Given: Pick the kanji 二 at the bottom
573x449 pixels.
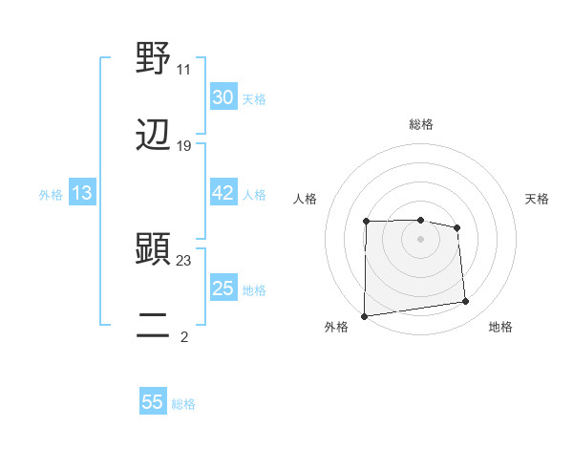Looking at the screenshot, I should tap(154, 325).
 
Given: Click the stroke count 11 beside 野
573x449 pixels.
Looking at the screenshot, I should tap(184, 69).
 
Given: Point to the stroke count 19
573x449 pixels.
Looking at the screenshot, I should tap(184, 146).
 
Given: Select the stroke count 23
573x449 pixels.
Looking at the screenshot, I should tap(184, 260).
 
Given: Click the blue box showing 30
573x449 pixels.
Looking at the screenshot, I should tap(223, 96).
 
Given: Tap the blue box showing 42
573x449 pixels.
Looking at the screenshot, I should tap(223, 193).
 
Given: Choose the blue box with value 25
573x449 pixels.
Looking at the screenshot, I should tap(223, 289).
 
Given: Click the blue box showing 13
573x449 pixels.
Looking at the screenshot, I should tap(81, 193).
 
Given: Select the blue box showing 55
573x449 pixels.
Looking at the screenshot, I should tap(153, 402).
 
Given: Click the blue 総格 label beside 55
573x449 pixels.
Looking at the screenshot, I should tap(183, 404).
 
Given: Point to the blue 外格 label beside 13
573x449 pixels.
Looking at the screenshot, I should tap(51, 195).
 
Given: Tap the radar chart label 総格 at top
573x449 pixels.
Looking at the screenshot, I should tap(421, 124).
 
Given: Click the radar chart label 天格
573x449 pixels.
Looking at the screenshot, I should tap(538, 199).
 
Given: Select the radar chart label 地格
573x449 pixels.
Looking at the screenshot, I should tap(500, 327).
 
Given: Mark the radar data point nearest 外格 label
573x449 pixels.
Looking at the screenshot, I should tap(364, 315).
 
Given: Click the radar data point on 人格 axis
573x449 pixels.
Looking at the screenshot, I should tap(367, 222).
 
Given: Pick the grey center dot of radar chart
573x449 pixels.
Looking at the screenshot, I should tap(420, 238).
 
